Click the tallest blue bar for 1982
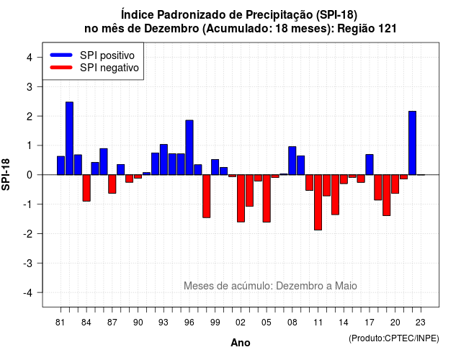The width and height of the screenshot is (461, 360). tap(69, 138)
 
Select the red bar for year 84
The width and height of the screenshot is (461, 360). tap(86, 188)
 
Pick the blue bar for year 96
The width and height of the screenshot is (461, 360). tap(189, 148)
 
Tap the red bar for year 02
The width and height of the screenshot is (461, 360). tap(241, 199)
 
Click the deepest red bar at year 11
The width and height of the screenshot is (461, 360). tap(318, 202)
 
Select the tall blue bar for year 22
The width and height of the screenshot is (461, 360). tap(412, 143)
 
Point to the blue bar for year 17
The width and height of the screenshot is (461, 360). tap(370, 165)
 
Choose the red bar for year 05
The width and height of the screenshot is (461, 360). tap(267, 199)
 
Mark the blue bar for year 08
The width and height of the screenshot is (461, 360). tap(292, 161)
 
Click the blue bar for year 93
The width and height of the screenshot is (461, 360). tap(164, 160)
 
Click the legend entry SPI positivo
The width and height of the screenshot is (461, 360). tap(107, 55)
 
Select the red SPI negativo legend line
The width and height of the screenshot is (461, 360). tap(61, 68)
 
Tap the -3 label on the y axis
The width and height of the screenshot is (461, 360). tap(28, 263)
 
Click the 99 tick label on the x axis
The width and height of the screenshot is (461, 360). tap(215, 323)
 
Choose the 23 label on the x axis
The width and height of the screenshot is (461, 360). tap(421, 323)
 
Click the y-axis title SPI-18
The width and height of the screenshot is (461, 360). tap(6, 174)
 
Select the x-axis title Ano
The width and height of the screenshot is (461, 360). tap(241, 343)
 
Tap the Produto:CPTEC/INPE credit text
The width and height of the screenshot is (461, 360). tap(394, 338)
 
